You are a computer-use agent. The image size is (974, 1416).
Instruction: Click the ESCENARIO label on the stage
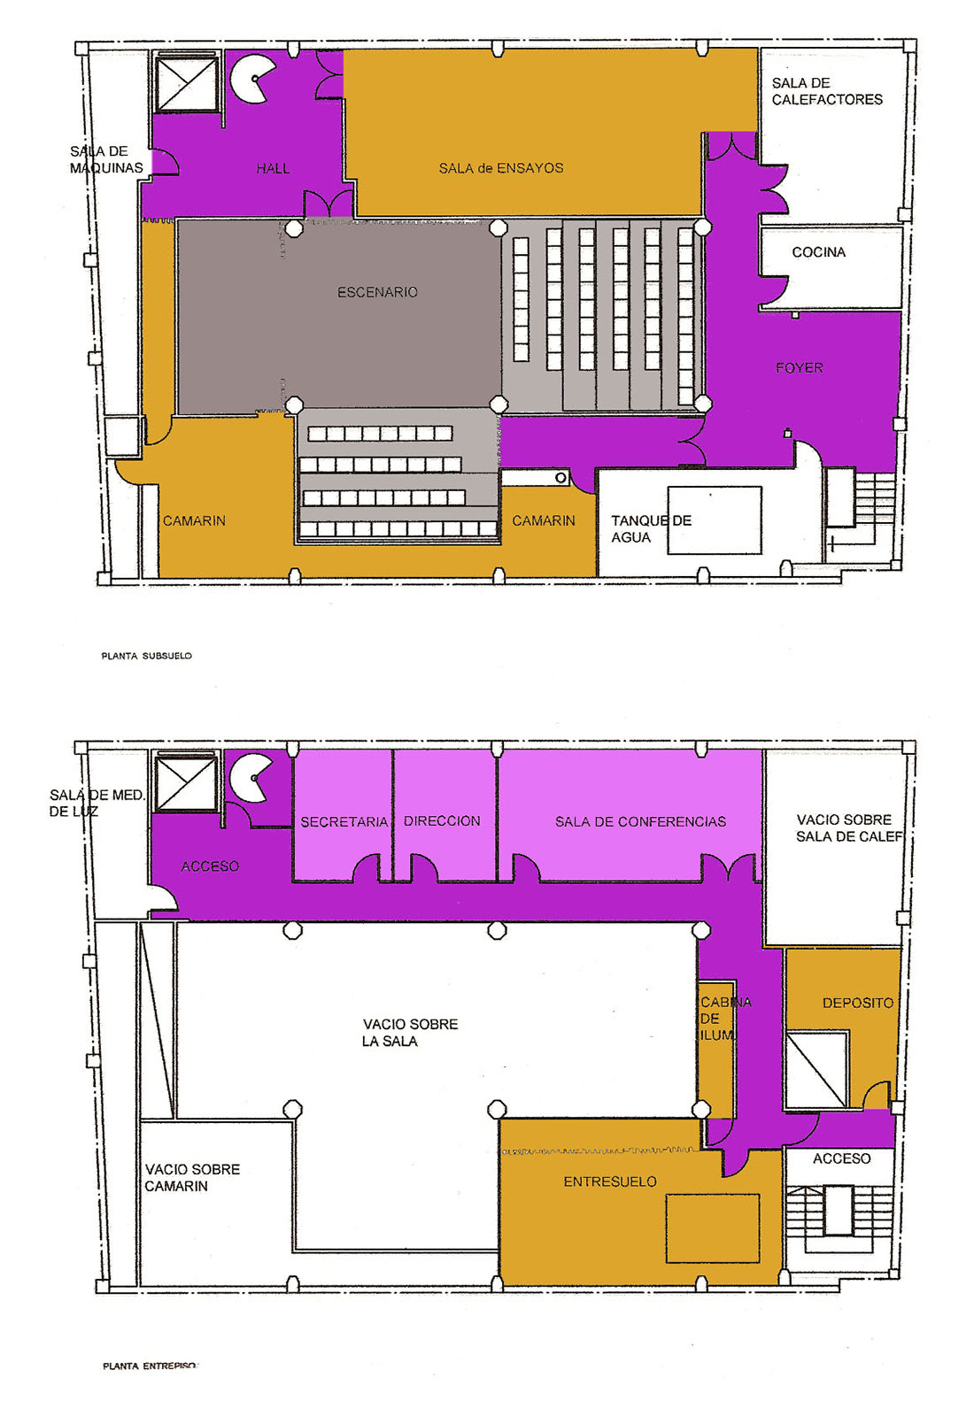coord(377,292)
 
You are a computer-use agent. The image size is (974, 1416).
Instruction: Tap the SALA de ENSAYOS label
coord(501,168)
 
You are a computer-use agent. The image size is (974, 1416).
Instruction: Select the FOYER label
coord(800,368)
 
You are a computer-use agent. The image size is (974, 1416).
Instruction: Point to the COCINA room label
coord(818,252)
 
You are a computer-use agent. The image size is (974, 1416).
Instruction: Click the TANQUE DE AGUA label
coord(651,529)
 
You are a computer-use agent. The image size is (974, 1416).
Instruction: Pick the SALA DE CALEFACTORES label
coord(827,91)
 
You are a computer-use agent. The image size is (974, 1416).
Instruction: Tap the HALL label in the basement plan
coord(274,168)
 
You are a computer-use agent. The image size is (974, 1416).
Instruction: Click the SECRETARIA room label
coord(344,822)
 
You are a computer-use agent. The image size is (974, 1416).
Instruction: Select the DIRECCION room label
coord(442,821)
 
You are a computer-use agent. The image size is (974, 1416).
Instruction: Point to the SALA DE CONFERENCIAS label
coord(641,822)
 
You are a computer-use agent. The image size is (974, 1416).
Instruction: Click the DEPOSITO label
coord(858,1003)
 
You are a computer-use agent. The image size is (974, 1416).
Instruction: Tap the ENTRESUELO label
coord(610,1181)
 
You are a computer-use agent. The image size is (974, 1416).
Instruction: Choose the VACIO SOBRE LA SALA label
coord(410,1032)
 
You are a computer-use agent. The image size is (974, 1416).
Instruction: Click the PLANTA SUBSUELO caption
coord(147,656)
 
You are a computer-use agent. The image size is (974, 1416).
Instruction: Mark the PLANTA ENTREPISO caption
coord(150,1366)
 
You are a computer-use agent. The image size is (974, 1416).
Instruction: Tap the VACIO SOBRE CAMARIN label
coord(192,1178)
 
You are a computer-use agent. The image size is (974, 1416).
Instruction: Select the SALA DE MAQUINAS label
coord(106,159)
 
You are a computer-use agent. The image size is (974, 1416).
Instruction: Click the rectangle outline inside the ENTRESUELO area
coord(713,1228)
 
